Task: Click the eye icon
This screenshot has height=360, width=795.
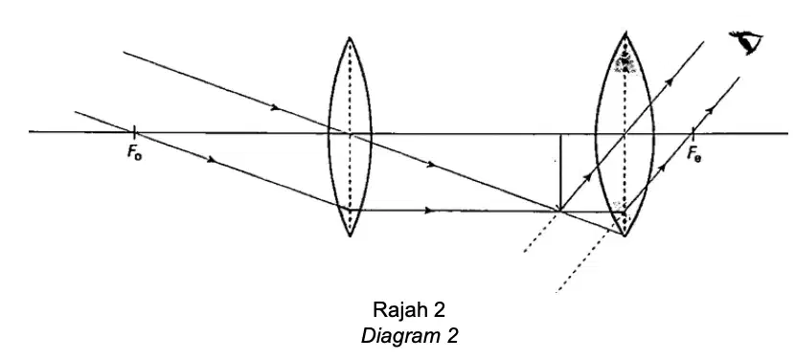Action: [746, 42]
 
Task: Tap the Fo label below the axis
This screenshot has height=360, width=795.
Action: [134, 152]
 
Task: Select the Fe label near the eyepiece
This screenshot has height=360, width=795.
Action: [694, 153]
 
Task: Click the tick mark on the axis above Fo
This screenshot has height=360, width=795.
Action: [134, 133]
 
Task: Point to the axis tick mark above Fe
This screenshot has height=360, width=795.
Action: [693, 134]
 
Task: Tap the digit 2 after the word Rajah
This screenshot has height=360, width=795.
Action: [439, 309]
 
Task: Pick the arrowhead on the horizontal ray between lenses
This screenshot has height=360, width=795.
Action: [429, 211]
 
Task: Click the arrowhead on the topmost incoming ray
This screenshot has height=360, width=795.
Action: [275, 107]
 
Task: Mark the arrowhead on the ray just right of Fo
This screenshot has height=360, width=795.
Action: [212, 159]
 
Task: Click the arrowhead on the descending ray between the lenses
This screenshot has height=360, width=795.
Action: [430, 164]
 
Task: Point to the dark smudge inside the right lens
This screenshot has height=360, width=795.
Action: [625, 63]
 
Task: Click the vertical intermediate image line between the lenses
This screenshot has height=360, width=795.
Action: [560, 172]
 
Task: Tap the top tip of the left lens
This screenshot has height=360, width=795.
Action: [350, 37]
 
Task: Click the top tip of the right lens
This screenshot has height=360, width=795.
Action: [625, 33]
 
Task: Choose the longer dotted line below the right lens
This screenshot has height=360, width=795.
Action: [583, 261]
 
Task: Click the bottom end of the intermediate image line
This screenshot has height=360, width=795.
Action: [560, 210]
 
